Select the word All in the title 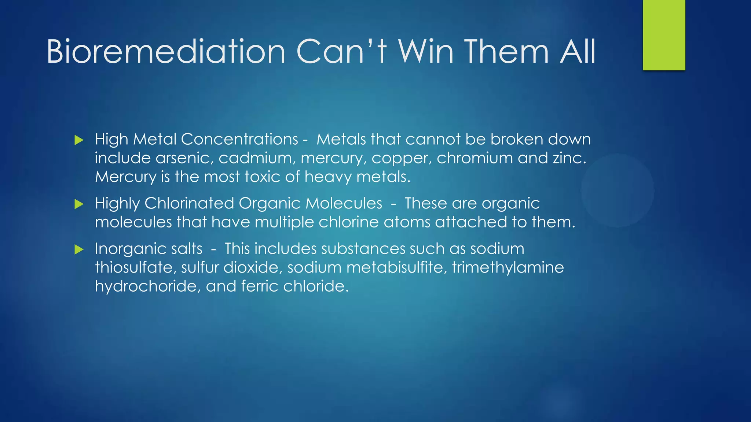pyautogui.click(x=578, y=52)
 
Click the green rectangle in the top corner pyautogui.click(x=664, y=35)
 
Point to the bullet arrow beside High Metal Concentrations pyautogui.click(x=79, y=140)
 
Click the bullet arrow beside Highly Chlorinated pyautogui.click(x=79, y=204)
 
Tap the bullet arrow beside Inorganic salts pyautogui.click(x=79, y=250)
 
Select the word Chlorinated pyautogui.click(x=189, y=203)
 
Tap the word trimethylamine pyautogui.click(x=508, y=268)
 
